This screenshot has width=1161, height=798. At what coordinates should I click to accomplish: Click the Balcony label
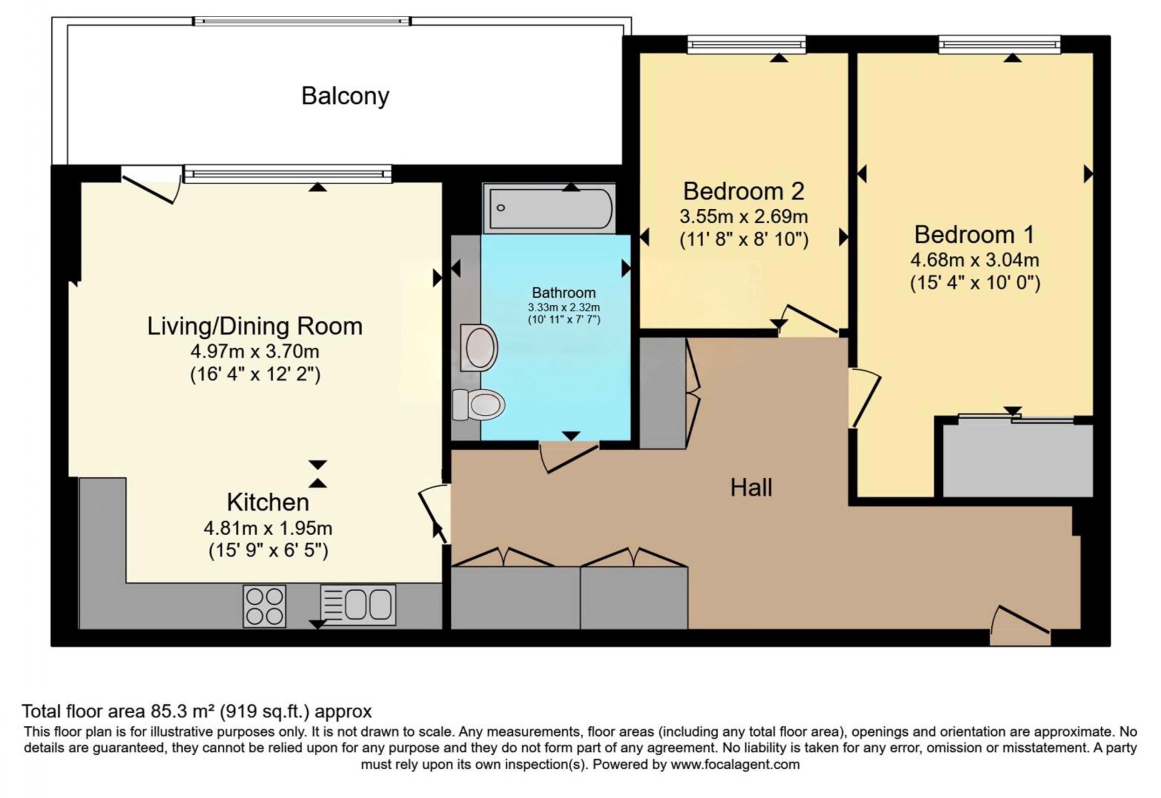coord(345,96)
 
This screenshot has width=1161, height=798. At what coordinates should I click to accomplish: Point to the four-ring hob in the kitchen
coord(264,606)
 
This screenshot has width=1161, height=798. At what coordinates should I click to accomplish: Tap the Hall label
coord(751,487)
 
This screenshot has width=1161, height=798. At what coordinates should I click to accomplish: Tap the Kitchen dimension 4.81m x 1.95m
coord(268,528)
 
